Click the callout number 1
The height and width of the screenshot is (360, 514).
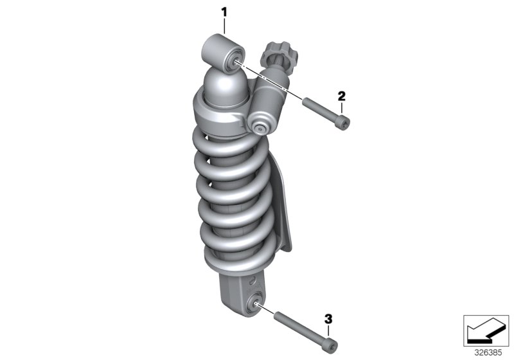click(x=224, y=11)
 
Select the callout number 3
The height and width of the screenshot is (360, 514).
click(x=328, y=319)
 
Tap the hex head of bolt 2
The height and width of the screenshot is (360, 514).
click(x=344, y=123)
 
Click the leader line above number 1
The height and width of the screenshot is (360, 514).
click(x=224, y=25)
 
